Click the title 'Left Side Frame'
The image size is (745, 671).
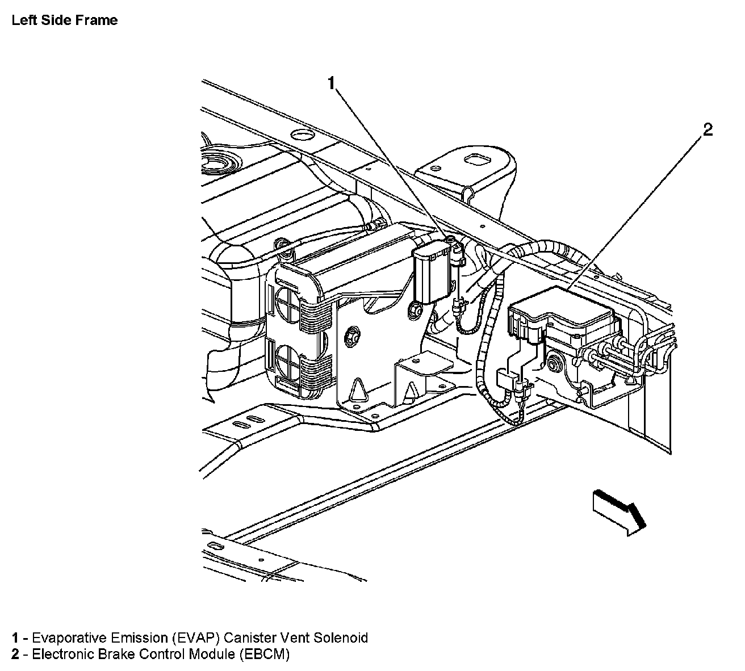(x=64, y=20)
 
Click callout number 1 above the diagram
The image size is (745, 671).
(x=332, y=83)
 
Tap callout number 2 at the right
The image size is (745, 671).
(x=708, y=130)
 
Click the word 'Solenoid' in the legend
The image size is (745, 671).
(x=342, y=638)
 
